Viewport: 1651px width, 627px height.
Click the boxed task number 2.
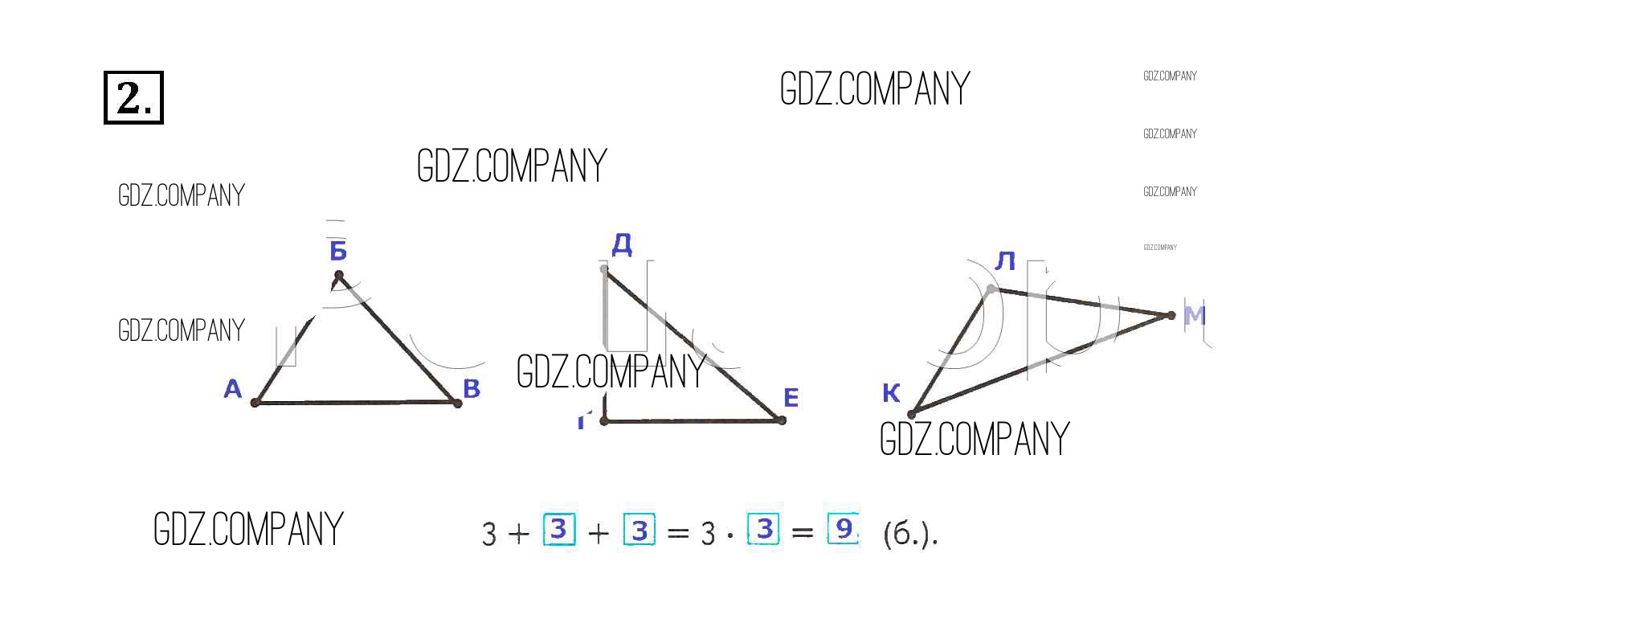[133, 97]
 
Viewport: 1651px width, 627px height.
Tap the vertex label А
[232, 389]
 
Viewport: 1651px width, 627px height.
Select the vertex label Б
[338, 251]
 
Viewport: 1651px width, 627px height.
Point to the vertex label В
[472, 388]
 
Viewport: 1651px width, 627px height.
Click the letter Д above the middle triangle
[622, 244]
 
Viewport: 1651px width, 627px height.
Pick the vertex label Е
[791, 397]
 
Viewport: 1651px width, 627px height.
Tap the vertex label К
[891, 393]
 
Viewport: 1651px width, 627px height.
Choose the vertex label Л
[1005, 261]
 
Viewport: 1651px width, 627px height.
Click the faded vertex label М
[1195, 315]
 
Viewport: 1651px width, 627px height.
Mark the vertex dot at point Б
[339, 276]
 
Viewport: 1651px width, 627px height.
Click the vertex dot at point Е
[781, 420]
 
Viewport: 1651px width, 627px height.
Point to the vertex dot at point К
[912, 415]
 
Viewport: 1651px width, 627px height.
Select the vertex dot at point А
[255, 402]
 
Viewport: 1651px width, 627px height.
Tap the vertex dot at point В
[457, 403]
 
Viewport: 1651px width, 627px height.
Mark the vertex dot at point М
[1171, 315]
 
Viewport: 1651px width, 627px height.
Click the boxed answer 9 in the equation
[843, 529]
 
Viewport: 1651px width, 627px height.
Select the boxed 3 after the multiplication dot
[764, 529]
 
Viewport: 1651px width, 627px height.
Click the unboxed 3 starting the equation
[489, 534]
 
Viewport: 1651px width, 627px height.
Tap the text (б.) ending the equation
[909, 534]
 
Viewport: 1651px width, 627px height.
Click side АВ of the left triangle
[356, 402]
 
